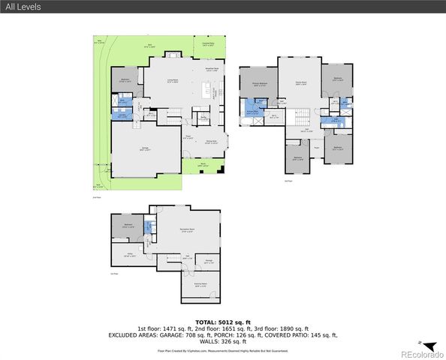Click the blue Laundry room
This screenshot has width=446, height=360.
pos(122,115)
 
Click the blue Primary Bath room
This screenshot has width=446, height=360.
pos(252,115)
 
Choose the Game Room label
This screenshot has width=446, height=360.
pos(300,84)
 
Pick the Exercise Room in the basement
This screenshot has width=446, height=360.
pos(200,285)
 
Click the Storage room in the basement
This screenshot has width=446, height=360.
pos(208,262)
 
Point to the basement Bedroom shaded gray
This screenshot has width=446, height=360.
pos(125,226)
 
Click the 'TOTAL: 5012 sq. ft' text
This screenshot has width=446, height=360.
pos(223,321)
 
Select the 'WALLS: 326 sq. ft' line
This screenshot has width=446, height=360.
pos(223,341)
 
